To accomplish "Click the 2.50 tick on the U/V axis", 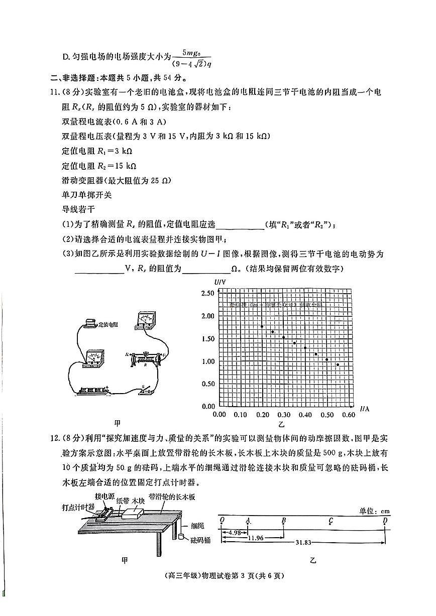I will click(207, 293).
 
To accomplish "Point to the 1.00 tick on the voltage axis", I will click(207, 361).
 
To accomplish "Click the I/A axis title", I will click(365, 409).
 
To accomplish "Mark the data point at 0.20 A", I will click(262, 326).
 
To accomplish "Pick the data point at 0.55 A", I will click(338, 364).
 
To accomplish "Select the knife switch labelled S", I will click(147, 389).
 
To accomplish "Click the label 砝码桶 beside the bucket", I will click(200, 540).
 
